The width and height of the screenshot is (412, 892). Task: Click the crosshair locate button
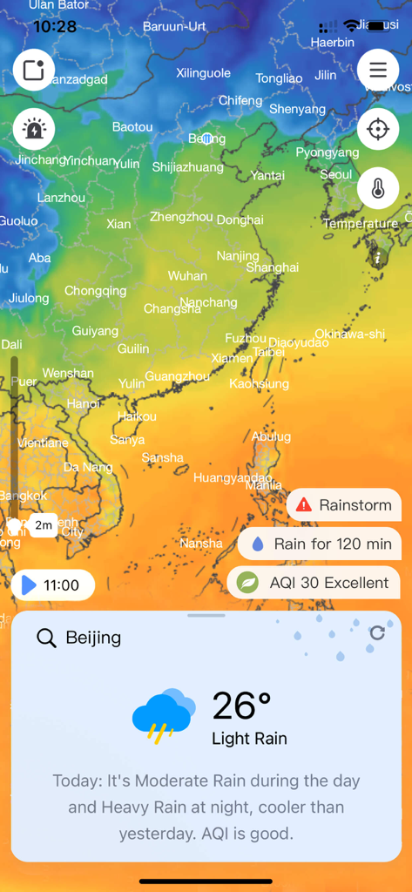point(378,130)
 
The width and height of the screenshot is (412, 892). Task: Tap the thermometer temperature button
point(378,188)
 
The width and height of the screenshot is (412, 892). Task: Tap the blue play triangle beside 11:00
point(30,585)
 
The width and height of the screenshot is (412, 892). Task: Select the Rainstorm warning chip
point(344,504)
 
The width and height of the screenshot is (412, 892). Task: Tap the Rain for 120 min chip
point(320,544)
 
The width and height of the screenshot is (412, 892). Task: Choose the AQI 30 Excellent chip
point(314,583)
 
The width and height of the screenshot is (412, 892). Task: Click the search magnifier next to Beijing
point(46,638)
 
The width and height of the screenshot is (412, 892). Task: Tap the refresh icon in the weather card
point(377,633)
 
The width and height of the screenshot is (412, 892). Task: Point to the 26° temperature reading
point(241,706)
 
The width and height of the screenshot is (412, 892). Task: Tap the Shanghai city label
point(272,267)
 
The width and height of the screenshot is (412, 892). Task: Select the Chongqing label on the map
point(96,291)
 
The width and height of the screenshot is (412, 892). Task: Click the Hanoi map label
point(84,404)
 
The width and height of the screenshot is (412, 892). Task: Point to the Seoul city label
point(336,174)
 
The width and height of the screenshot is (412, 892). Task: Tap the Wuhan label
point(187,276)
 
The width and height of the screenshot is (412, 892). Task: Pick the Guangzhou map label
point(177,376)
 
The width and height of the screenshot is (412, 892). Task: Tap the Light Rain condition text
point(249,739)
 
